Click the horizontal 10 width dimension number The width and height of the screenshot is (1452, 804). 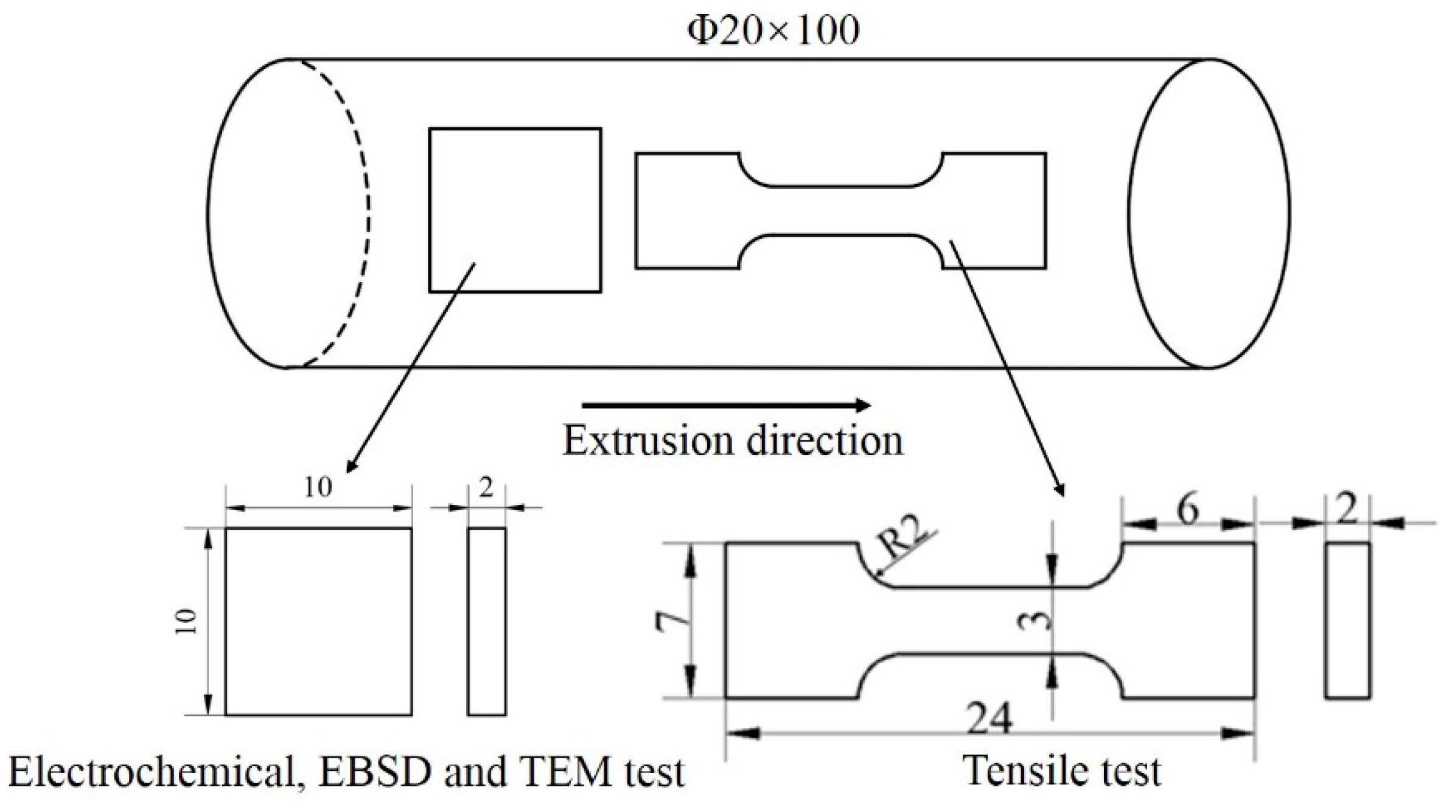coord(318,487)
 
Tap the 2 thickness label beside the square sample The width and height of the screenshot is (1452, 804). coord(486,487)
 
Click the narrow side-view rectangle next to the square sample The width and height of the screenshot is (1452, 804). coord(486,621)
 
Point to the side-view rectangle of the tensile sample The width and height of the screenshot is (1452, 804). coord(1347,619)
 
